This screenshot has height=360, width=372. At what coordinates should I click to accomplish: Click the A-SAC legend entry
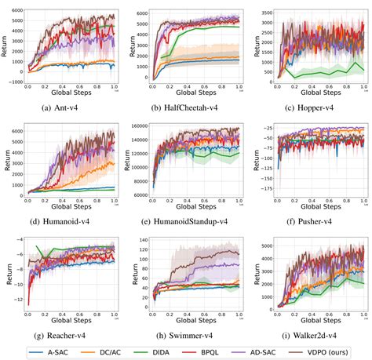click(49, 352)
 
